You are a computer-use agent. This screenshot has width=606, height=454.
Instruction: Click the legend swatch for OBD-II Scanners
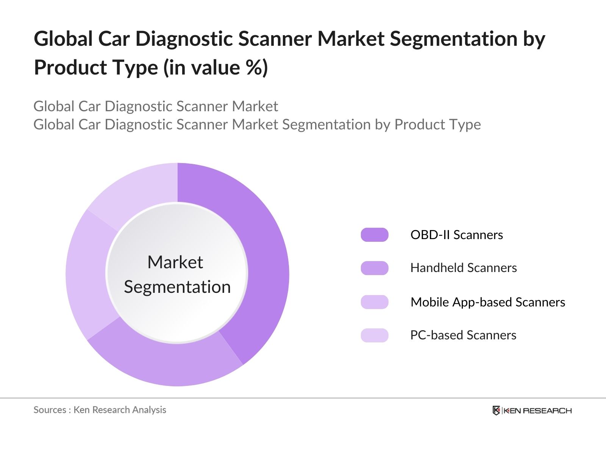point(375,235)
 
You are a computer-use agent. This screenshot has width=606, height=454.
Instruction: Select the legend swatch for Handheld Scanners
point(375,268)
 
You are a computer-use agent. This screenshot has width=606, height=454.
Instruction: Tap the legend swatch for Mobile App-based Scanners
point(375,302)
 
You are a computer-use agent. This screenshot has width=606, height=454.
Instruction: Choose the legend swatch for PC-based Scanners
point(375,335)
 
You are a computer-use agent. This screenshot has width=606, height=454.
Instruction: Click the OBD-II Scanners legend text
point(456,235)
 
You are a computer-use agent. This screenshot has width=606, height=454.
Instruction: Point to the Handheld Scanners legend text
point(463,268)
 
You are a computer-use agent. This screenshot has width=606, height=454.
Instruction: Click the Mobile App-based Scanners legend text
point(487,302)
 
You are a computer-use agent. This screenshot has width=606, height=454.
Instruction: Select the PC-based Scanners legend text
point(463,335)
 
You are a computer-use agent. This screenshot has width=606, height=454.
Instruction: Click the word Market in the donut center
point(175,262)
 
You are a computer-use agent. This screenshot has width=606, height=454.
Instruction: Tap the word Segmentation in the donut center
point(177,287)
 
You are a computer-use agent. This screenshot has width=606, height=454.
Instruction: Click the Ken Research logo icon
point(496,410)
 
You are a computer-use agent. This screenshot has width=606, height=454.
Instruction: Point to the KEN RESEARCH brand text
point(538,410)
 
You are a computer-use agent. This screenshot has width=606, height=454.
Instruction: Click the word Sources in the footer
point(50,410)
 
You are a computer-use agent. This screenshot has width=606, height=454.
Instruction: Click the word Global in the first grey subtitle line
point(54,106)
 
